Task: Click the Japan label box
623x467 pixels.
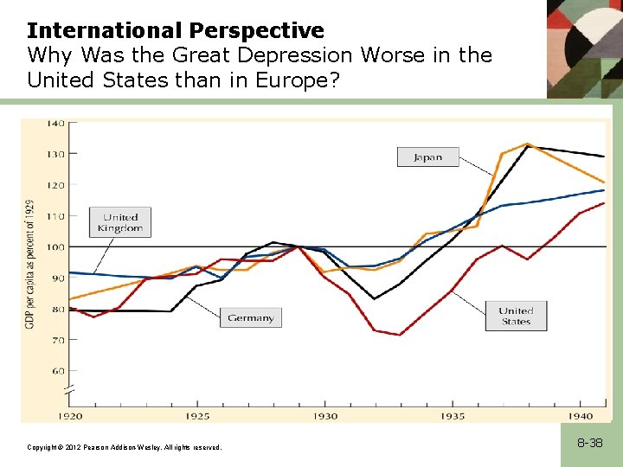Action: click(427, 157)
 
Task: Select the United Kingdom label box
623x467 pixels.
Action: click(120, 222)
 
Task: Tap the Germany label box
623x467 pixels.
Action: click(250, 317)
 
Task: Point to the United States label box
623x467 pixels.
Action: click(516, 316)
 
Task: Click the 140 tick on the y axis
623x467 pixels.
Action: click(55, 123)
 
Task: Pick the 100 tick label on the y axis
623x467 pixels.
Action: click(55, 247)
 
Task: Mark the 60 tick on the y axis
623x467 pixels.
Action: click(57, 371)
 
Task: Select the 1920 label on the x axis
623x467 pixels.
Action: click(70, 416)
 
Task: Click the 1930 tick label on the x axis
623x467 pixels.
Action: click(325, 416)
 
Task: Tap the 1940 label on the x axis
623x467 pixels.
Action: click(581, 416)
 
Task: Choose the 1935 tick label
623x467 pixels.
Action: click(453, 416)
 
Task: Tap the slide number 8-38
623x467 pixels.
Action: click(590, 443)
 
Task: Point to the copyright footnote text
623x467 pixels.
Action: click(125, 447)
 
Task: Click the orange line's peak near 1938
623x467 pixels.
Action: click(527, 144)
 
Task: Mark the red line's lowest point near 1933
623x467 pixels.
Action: click(400, 335)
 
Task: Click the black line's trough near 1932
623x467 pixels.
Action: click(375, 299)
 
